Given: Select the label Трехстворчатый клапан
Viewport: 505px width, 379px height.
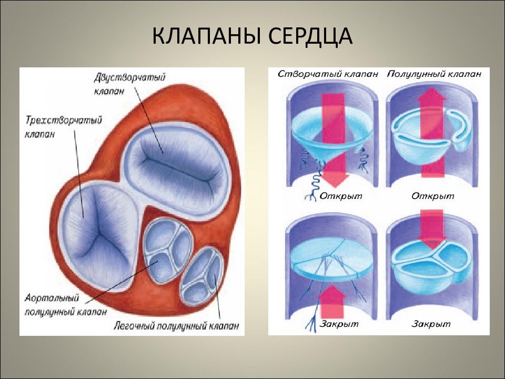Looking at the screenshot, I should click(x=62, y=127).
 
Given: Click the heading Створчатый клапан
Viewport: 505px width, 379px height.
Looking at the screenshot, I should click(x=328, y=74).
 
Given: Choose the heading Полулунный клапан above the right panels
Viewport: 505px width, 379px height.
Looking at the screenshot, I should click(x=434, y=74).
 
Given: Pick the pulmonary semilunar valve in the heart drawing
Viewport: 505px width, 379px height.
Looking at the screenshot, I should click(x=203, y=274).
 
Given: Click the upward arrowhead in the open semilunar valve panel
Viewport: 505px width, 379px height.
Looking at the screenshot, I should click(x=432, y=98).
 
